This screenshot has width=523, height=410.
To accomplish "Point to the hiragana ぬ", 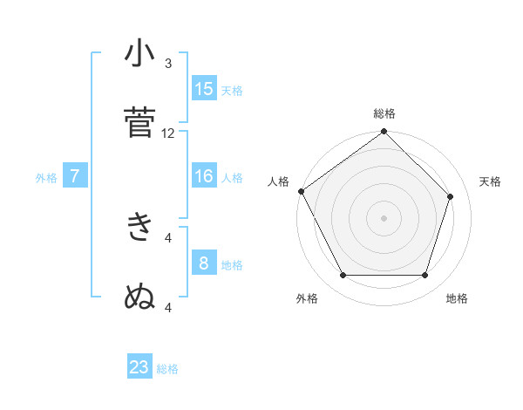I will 139,297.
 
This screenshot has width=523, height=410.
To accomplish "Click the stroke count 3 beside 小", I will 168,64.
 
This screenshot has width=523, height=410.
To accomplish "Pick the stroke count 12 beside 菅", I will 168,133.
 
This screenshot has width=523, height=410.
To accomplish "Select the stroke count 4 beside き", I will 168,236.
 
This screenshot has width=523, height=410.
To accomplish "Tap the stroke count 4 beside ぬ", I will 168,306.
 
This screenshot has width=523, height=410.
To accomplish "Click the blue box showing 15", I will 204,89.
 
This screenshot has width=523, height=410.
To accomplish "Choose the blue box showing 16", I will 204,177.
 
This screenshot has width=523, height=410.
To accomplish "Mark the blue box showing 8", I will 204,263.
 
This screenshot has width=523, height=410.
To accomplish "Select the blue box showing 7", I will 75,177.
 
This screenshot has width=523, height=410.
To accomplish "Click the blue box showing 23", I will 139,368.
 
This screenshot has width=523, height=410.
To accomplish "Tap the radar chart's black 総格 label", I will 384,113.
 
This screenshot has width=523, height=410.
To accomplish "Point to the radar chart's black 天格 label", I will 491,181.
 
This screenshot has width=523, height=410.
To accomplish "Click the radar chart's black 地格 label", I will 457,298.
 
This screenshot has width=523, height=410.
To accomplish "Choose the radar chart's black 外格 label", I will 307,298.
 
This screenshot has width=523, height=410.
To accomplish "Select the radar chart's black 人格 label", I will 279,181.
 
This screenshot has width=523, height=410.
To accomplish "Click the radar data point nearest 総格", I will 384,133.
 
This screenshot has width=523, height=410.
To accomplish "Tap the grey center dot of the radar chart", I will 384,217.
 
